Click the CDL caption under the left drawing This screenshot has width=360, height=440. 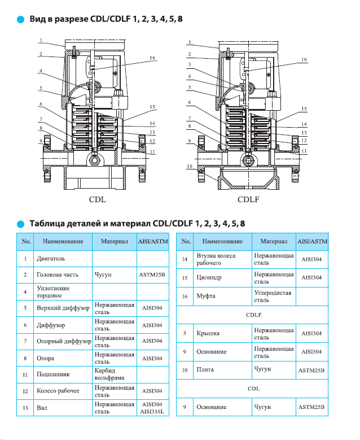pos(97,199)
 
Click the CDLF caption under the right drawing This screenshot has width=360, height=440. pos(248,199)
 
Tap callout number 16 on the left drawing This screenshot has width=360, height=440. pos(152,58)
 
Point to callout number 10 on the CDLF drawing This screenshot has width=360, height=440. pos(190,167)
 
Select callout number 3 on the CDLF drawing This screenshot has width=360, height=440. pos(190,65)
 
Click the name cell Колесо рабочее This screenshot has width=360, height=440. pos(58,390)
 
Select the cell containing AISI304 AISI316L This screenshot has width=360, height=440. pos(152,407)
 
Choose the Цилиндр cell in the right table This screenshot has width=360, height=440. pos(209,278)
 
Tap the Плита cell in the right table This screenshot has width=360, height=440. pos(204,370)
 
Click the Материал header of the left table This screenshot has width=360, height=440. pos(115,242)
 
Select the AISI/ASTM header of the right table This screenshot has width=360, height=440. pos(312,242)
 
